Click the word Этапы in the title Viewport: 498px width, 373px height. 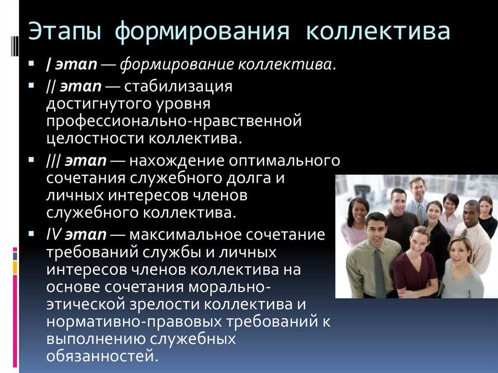point(65,32)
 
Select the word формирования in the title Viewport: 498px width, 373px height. point(202,32)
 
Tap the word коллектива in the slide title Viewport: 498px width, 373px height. point(378,31)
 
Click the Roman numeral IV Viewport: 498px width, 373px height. point(53,234)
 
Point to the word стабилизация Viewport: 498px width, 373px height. point(178,87)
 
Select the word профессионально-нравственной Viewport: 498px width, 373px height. point(174,122)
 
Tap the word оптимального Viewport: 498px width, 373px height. point(284,160)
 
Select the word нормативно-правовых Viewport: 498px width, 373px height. point(134,322)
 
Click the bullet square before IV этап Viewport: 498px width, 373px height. point(31,234)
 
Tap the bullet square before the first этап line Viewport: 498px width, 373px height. point(31,63)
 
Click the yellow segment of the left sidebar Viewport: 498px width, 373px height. point(15,267)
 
